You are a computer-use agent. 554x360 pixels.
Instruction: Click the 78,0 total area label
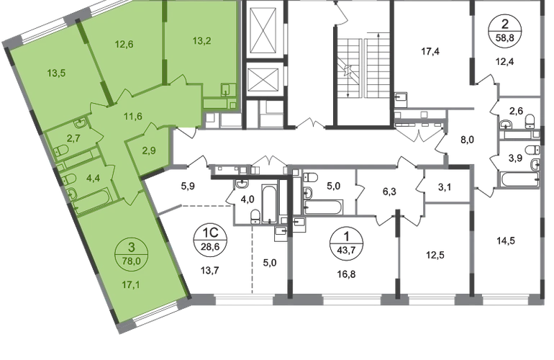coord(131,262)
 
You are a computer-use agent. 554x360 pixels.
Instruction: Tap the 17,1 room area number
coord(131,284)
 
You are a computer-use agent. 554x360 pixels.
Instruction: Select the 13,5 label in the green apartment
coord(57,73)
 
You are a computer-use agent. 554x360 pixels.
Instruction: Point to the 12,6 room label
coord(124,44)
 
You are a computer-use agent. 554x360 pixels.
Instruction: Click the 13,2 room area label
coord(202,40)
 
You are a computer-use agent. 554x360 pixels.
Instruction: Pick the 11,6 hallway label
coord(133,116)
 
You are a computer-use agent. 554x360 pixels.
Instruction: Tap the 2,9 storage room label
coord(149,150)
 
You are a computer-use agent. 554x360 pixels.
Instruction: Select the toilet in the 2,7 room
coord(61,150)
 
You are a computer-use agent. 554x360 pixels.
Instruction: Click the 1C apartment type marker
coord(210,233)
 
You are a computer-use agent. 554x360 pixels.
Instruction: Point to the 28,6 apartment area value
coord(210,246)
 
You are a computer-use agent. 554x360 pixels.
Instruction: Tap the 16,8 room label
coord(346,274)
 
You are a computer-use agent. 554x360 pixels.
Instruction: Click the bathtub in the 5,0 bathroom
coord(323,207)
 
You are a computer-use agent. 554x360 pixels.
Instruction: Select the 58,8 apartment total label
coord(505,37)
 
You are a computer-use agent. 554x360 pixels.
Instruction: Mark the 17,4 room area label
coord(430,52)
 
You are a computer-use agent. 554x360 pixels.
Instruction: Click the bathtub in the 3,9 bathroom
coord(519,179)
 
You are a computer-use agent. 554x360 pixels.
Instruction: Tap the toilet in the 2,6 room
coord(530,121)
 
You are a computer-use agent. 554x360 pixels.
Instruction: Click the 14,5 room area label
coord(506,240)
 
